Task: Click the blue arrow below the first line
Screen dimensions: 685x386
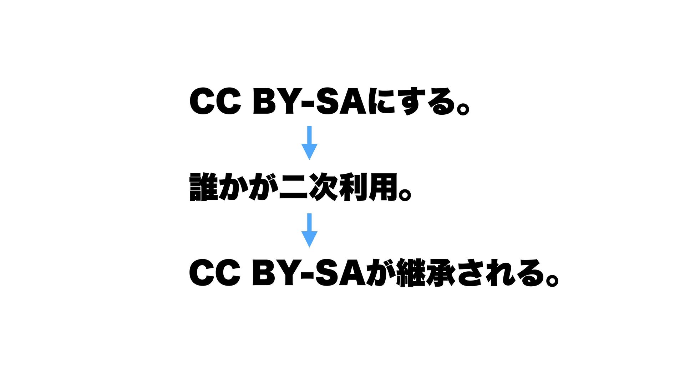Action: coord(309,143)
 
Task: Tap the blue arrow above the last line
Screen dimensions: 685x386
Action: coord(309,230)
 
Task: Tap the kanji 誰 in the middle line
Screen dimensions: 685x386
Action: coord(203,187)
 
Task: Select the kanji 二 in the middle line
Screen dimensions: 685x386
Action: coord(293,187)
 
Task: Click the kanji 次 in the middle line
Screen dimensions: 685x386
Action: coord(323,187)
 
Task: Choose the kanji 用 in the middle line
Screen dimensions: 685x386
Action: coord(383,187)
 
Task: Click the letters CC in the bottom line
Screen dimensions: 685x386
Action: coord(215,273)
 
